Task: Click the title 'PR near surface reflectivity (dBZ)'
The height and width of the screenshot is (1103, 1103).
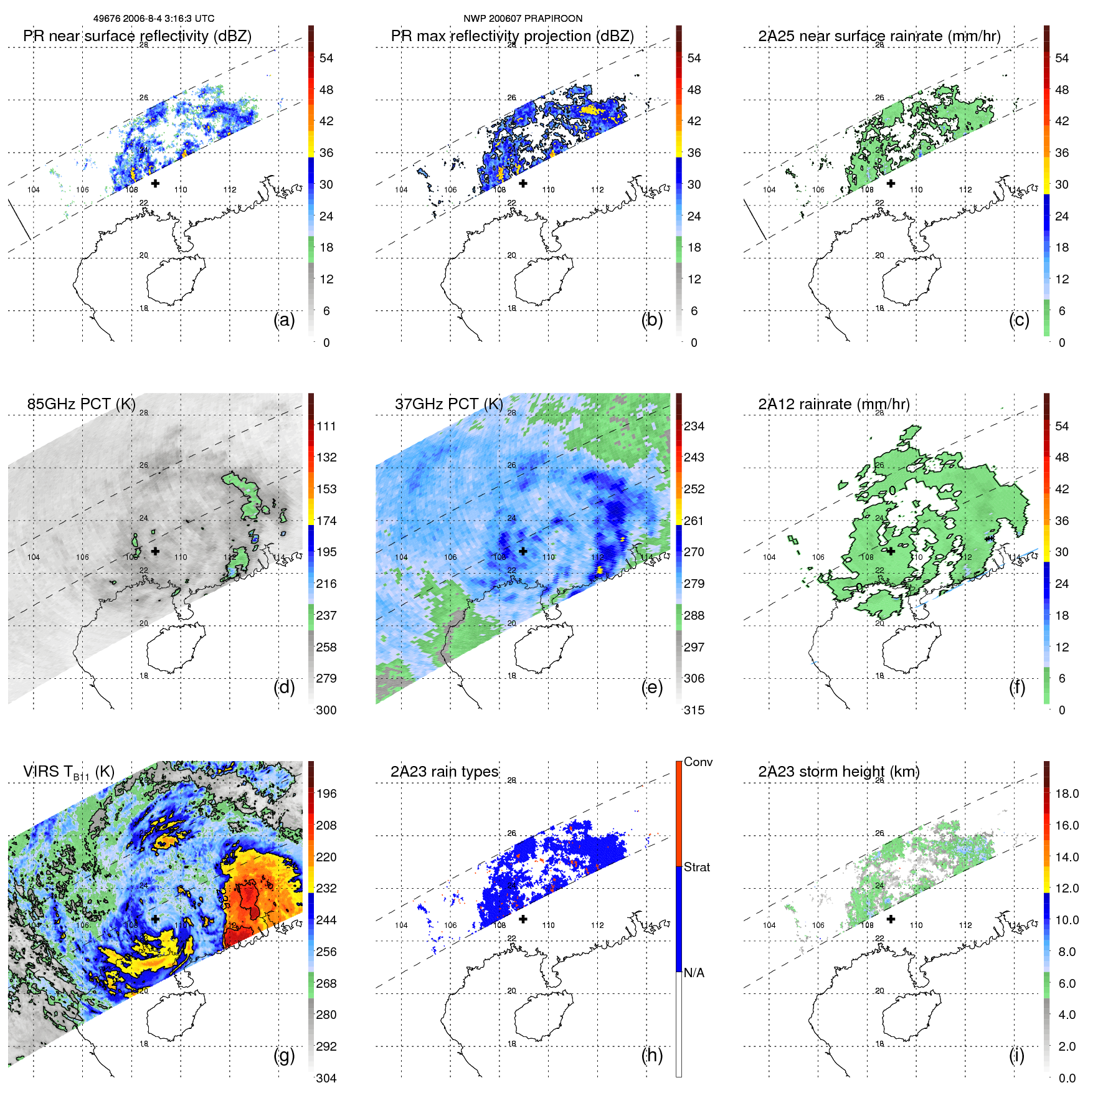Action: [137, 36]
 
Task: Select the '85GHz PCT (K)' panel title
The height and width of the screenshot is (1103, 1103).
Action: [81, 404]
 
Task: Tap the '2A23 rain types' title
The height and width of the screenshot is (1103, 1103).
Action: [444, 772]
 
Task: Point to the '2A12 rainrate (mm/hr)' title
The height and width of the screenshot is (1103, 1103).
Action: [833, 404]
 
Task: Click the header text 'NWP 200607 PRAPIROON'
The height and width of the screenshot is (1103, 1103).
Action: [523, 19]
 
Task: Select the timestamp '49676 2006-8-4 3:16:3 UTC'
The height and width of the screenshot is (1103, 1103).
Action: [154, 19]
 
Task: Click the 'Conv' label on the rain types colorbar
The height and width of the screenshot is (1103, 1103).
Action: [698, 762]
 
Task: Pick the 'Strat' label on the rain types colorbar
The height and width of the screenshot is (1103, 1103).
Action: [696, 868]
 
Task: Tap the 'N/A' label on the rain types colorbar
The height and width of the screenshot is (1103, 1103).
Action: [693, 973]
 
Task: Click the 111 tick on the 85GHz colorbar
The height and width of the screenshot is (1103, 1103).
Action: [326, 427]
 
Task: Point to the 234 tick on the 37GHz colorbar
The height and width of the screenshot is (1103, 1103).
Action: [694, 427]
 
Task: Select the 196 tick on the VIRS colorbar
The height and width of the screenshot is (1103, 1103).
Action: [326, 794]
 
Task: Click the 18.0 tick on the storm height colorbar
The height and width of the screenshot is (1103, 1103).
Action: [1066, 794]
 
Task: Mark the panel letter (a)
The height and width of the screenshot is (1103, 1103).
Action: [284, 320]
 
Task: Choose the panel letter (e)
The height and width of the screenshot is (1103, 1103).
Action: [651, 688]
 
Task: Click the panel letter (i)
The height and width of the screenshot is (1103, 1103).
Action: [1016, 1055]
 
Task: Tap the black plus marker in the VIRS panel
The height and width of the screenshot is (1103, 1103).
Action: [155, 919]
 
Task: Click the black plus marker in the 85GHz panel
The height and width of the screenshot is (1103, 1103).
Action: [155, 551]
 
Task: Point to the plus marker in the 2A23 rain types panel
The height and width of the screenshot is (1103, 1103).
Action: [523, 919]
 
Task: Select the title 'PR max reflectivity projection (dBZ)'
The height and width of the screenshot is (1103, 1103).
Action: [512, 36]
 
